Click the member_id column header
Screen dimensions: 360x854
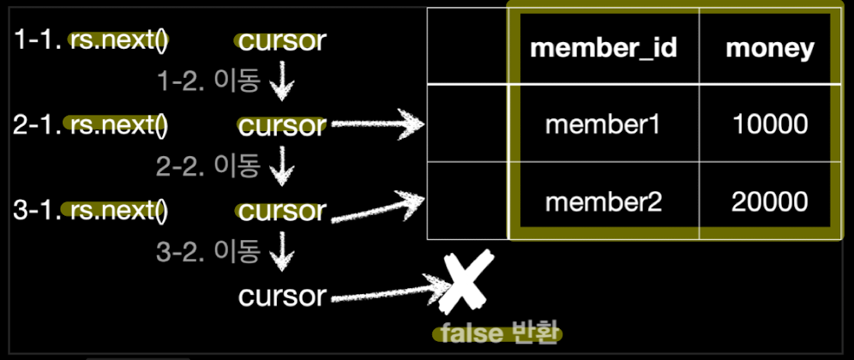tap(604, 49)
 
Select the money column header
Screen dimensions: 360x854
tap(769, 49)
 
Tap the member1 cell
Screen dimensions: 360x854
tap(603, 125)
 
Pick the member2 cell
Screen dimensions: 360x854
tap(603, 202)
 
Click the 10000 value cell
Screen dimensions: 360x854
tap(770, 125)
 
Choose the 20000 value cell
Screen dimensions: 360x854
tap(770, 202)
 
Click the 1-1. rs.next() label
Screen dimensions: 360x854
tap(91, 41)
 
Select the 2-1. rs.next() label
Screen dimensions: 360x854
tap(91, 126)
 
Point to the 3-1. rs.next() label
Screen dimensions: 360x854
tap(91, 211)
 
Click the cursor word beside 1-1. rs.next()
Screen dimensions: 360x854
tap(282, 41)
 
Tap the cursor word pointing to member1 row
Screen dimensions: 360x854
tap(282, 126)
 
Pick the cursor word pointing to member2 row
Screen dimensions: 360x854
tap(282, 211)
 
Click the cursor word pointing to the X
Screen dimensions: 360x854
tap(282, 297)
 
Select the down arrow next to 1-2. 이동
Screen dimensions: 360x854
tap(282, 82)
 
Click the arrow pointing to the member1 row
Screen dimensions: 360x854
tap(377, 126)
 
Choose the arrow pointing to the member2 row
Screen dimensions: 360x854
tap(377, 207)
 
